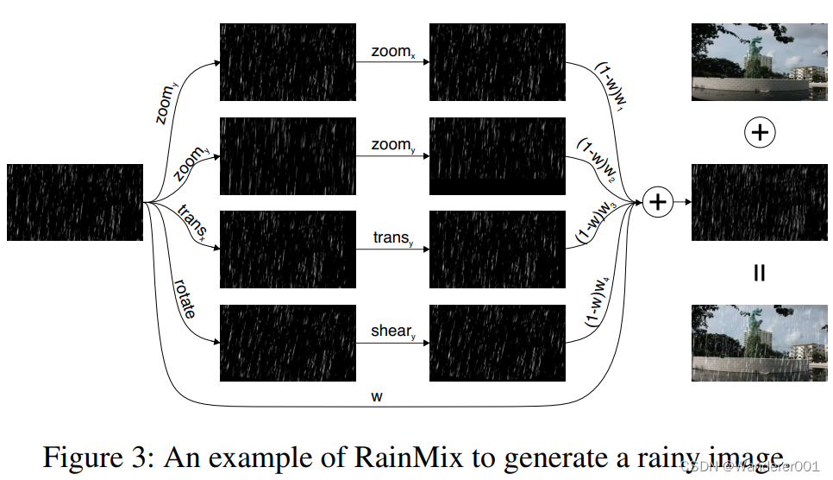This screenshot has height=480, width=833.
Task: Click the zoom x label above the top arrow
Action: pyautogui.click(x=392, y=53)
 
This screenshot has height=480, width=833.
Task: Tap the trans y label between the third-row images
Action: pyautogui.click(x=392, y=237)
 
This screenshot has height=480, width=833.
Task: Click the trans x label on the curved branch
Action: pyautogui.click(x=191, y=222)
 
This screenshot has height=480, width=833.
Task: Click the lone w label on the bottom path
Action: pyautogui.click(x=377, y=396)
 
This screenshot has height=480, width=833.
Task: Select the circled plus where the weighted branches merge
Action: pyautogui.click(x=658, y=202)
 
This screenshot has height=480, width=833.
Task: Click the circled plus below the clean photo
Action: pyautogui.click(x=759, y=132)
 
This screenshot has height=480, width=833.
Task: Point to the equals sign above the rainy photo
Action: pyautogui.click(x=759, y=274)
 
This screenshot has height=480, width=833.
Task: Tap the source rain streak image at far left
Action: pyautogui.click(x=75, y=203)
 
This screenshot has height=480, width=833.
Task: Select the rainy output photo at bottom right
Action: pyautogui.click(x=760, y=343)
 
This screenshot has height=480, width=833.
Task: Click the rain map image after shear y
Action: pyautogui.click(x=497, y=344)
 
